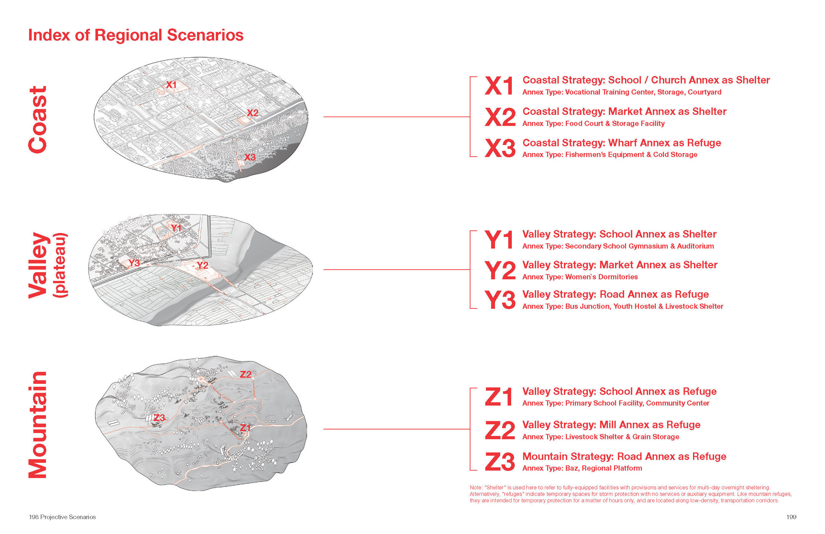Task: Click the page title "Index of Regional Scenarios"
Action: point(136,35)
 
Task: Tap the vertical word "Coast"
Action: point(37,119)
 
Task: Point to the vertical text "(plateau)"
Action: point(60,265)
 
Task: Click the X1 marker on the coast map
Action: point(171,84)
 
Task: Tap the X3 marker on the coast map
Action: point(250,157)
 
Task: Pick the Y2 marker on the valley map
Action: point(202,266)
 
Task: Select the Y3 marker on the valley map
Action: point(134,263)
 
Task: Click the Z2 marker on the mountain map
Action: point(246,375)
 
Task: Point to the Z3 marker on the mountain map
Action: point(159,418)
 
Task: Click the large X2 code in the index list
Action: point(500,117)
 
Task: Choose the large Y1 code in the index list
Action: point(499,240)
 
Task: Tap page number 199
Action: point(791,517)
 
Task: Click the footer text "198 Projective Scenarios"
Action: point(62,517)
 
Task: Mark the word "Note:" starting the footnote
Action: point(476,487)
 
